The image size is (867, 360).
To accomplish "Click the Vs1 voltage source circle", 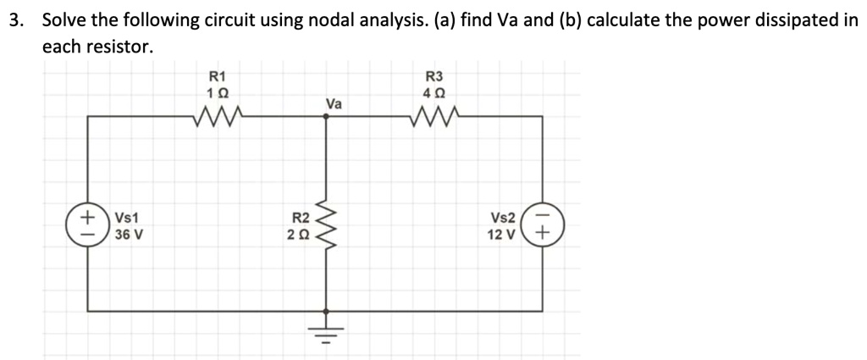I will click(x=87, y=226).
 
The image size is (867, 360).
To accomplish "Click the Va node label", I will click(x=334, y=103).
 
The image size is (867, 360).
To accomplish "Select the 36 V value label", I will click(x=129, y=234).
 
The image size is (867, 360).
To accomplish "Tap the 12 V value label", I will click(x=503, y=234).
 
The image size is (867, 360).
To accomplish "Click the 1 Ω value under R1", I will click(x=218, y=91).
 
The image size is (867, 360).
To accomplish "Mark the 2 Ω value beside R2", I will click(x=301, y=234).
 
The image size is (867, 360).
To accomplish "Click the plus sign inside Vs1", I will click(x=87, y=218).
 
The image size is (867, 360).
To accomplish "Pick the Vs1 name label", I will click(x=128, y=219).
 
